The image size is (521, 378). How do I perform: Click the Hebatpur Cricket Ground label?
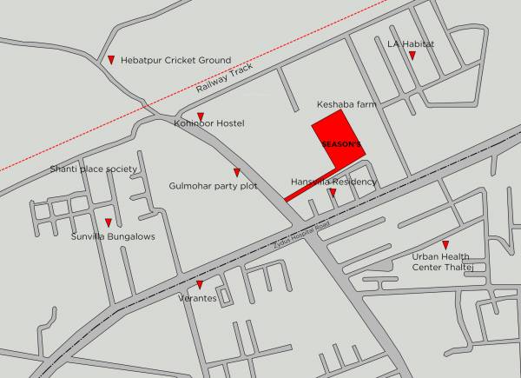[x=176, y=60]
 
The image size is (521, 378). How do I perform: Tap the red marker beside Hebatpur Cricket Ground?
[x=111, y=60]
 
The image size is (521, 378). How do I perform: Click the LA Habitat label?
[x=411, y=43]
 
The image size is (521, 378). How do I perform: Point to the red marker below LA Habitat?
[x=412, y=56]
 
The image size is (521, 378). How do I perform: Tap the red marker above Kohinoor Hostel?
[x=201, y=116]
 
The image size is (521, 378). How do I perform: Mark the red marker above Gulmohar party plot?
[x=236, y=172]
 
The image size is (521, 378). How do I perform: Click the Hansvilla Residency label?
[x=333, y=182]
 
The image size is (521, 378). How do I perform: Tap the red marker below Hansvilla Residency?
[x=333, y=192]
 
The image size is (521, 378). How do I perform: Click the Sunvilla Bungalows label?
[x=113, y=235]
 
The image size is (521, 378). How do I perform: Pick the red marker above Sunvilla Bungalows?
[x=109, y=222]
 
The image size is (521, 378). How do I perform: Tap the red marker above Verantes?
[x=201, y=285]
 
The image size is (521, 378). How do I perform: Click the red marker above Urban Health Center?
[x=445, y=245]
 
